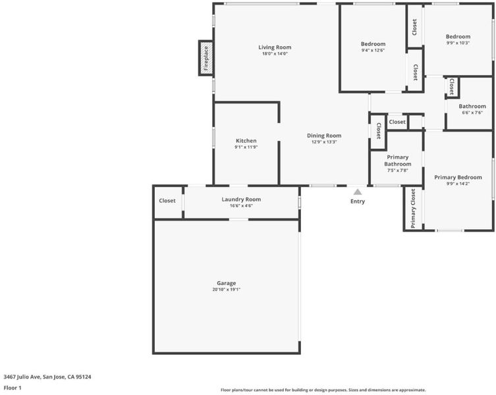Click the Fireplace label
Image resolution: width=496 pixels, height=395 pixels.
[x=206, y=58]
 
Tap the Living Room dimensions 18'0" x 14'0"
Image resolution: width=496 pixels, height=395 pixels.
[x=275, y=54]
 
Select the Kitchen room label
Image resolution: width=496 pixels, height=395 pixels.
[x=246, y=141]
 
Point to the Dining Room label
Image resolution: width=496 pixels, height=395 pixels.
[x=324, y=136]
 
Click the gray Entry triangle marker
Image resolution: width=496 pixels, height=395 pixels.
[x=358, y=192]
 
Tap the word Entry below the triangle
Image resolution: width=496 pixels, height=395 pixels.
[x=358, y=201]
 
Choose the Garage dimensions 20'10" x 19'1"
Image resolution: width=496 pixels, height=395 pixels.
[x=227, y=290]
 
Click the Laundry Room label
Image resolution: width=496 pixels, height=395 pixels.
[x=241, y=199]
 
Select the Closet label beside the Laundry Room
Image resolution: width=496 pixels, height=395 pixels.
[x=167, y=201]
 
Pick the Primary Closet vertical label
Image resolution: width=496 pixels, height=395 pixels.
[x=413, y=209]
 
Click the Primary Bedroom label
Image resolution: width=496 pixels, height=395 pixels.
[x=458, y=177]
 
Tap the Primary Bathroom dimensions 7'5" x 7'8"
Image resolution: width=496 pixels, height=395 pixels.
[x=398, y=170]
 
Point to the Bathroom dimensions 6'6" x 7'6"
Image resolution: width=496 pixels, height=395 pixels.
[x=472, y=113]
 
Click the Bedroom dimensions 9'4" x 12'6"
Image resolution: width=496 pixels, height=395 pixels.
[x=373, y=50]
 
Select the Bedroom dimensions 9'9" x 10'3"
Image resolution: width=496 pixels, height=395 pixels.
[x=458, y=43]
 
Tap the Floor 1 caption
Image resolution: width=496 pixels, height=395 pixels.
[x=13, y=388]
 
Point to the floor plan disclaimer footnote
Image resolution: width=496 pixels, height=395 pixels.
[x=323, y=390]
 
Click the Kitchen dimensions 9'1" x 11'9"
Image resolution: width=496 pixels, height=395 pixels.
[x=246, y=147]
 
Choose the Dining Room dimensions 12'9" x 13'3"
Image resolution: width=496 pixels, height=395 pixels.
[x=324, y=142]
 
